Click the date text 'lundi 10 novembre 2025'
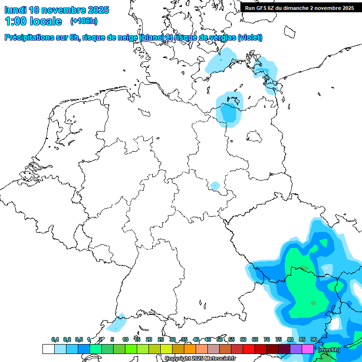pos(57,10)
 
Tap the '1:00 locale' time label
pos(33,21)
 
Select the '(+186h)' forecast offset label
pos(83,21)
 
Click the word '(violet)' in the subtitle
pos(250,37)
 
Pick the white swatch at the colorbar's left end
pos(48,349)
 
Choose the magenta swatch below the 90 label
pos(308,349)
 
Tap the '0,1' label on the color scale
pos(55,339)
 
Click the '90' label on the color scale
pos(313,339)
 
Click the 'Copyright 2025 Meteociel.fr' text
pos(200,358)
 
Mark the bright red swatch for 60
pos(249,349)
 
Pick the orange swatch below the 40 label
pos(190,349)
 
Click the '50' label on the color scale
pos(220,339)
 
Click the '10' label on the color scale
pos(125,339)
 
